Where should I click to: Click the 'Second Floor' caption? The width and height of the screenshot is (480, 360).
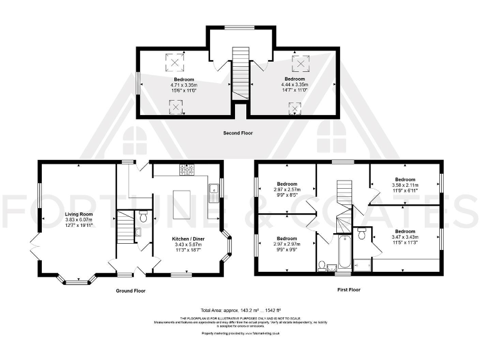[238, 133]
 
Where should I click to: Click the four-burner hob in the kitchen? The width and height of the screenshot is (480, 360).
[187, 169]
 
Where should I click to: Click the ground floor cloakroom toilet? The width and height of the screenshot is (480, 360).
[143, 217]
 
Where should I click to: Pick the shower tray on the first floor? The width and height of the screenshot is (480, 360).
[362, 266]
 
